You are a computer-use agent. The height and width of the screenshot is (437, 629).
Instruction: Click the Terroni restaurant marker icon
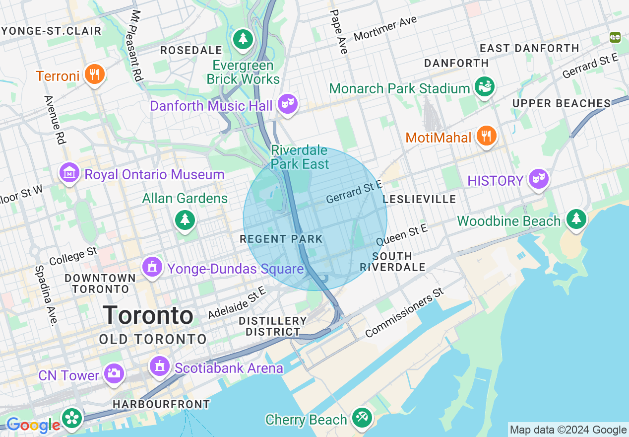click(94, 75)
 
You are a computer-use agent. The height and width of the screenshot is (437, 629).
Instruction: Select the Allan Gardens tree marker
click(185, 219)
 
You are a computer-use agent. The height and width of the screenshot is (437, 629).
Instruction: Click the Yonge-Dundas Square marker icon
click(152, 267)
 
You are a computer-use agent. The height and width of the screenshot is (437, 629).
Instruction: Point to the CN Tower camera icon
click(114, 373)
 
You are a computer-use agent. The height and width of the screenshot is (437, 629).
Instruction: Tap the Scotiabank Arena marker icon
click(159, 366)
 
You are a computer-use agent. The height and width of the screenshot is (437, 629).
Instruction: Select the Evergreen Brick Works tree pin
click(243, 39)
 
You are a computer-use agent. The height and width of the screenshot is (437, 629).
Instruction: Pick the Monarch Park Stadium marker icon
click(484, 87)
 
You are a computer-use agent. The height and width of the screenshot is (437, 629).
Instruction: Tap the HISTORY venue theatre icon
click(539, 178)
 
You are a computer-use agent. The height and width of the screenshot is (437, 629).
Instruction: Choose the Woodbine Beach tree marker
click(575, 218)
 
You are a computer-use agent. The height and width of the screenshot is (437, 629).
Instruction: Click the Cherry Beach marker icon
click(362, 418)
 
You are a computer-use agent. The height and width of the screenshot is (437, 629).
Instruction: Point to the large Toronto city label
click(148, 316)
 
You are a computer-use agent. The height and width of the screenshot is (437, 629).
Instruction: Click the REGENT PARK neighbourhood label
click(281, 239)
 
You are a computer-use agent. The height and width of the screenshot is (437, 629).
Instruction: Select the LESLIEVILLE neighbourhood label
click(419, 199)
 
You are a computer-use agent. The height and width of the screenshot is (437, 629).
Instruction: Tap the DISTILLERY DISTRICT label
click(273, 326)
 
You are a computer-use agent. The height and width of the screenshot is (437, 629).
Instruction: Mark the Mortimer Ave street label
click(385, 29)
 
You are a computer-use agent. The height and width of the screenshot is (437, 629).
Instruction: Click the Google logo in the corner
click(33, 425)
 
